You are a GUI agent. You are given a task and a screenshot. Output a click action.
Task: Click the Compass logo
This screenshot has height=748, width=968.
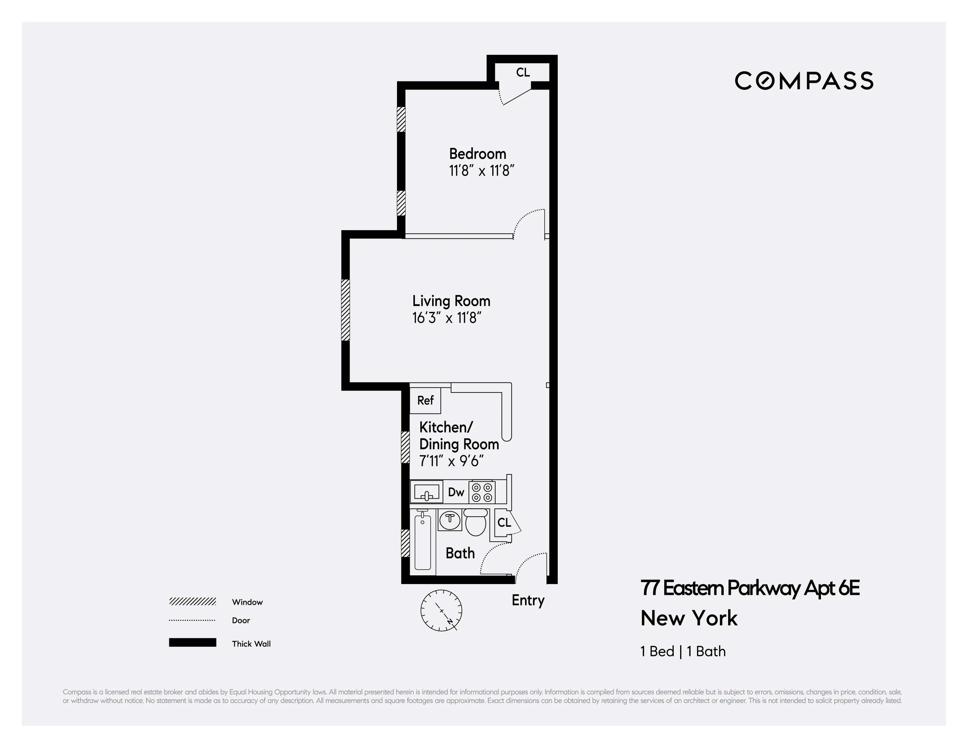click(803, 81)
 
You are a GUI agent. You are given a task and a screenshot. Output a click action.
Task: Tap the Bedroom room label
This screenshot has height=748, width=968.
click(477, 154)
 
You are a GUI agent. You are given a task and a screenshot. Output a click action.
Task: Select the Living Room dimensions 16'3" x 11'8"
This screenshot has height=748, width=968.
click(447, 318)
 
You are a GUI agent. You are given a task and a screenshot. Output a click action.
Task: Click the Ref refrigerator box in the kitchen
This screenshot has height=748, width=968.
click(425, 400)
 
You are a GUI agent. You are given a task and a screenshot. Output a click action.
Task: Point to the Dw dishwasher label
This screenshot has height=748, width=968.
click(456, 492)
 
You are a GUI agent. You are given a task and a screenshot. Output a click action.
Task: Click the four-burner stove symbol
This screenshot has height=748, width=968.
click(482, 492)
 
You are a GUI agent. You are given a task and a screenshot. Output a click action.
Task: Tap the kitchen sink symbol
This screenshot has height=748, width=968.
click(426, 492)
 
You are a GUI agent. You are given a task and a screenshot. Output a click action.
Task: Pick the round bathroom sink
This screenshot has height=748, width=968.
click(450, 519)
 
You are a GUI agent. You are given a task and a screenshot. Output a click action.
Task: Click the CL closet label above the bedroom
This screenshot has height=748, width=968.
click(523, 72)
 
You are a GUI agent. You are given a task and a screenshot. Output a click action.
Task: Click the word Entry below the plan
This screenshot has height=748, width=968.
click(528, 600)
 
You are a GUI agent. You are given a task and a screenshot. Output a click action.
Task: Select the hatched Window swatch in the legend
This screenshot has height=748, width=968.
click(192, 601)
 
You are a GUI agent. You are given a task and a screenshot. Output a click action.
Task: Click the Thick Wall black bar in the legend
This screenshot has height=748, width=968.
click(192, 643)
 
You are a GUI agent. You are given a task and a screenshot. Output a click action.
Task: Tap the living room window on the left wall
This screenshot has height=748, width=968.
click(345, 310)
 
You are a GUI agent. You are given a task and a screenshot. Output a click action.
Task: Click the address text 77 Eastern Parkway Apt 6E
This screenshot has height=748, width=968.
click(750, 588)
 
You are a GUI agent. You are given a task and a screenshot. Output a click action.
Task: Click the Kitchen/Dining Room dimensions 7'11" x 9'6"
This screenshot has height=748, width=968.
click(451, 461)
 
